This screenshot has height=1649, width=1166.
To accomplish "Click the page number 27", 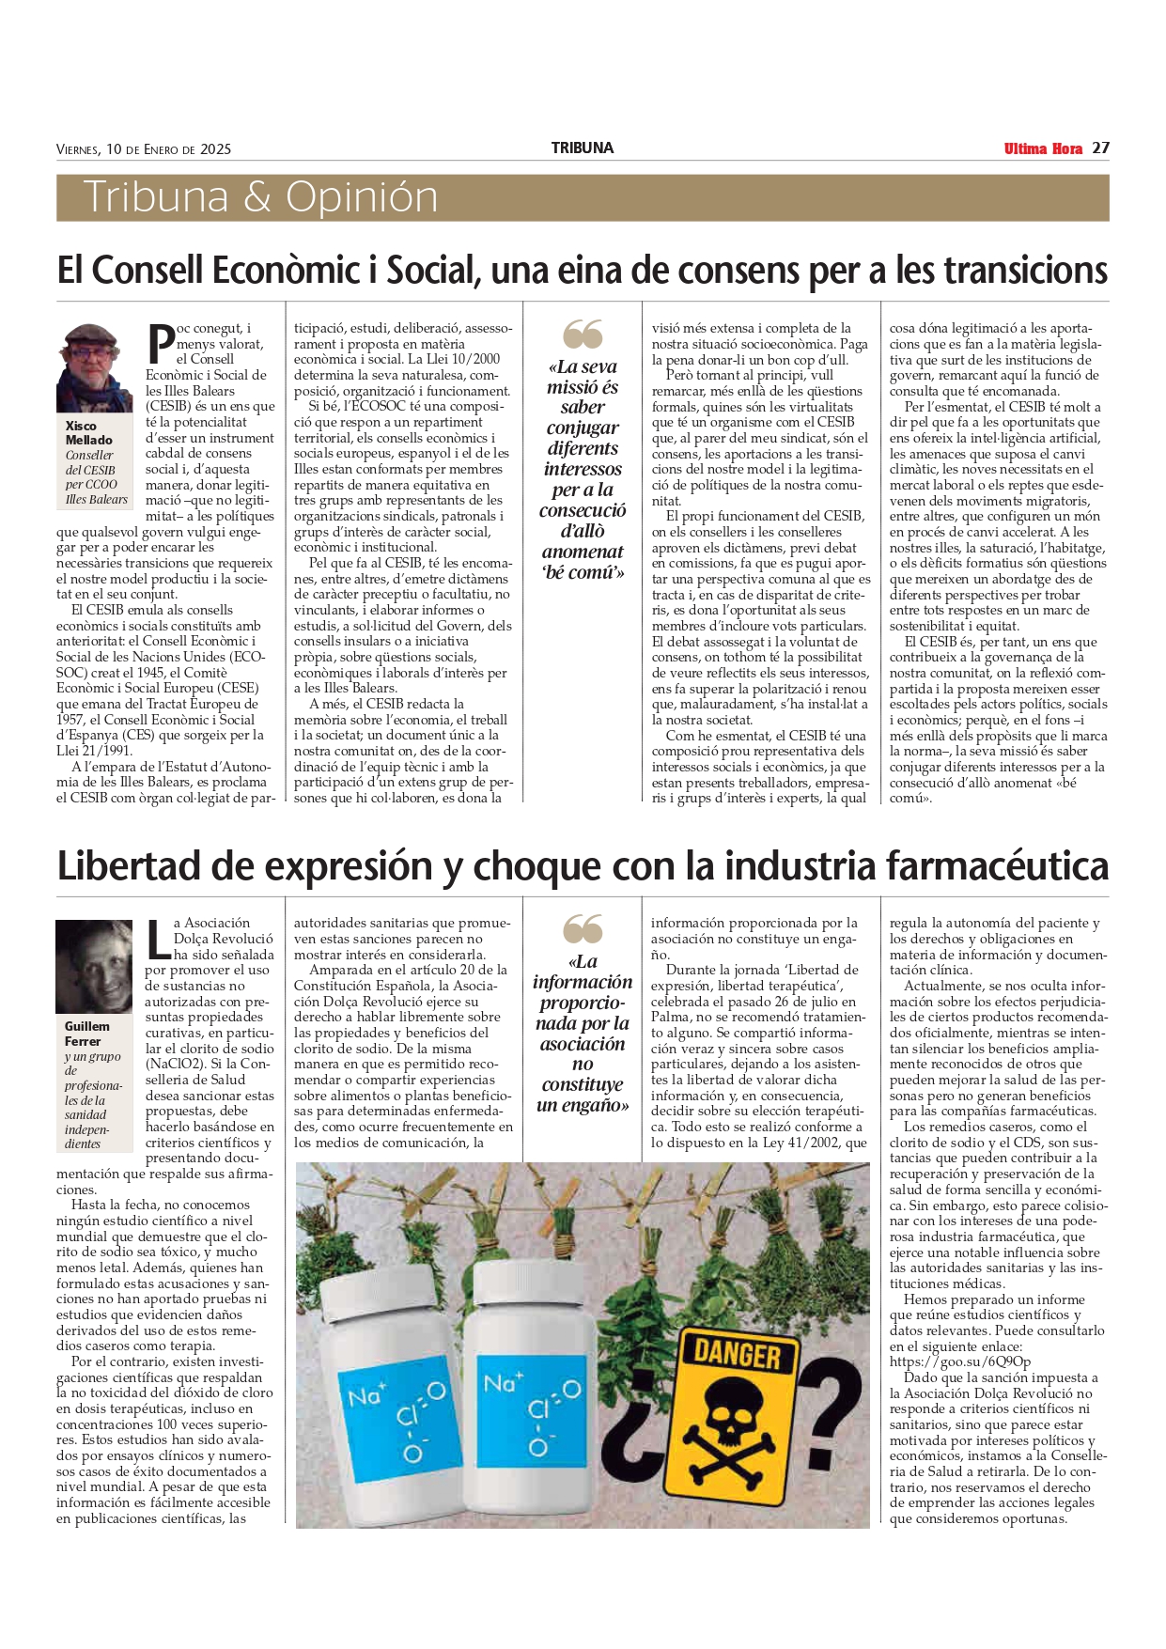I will pyautogui.click(x=1101, y=148).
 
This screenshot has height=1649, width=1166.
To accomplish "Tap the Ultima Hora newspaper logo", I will pyautogui.click(x=1043, y=148).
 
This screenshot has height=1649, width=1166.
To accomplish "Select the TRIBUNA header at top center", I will pyautogui.click(x=582, y=148).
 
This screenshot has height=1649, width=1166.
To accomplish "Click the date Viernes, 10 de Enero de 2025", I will pyautogui.click(x=144, y=149).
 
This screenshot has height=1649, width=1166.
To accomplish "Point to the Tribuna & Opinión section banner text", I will pyautogui.click(x=260, y=197).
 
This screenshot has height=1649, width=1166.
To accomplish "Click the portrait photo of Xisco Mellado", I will pyautogui.click(x=94, y=368).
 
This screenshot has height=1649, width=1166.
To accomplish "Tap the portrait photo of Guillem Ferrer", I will pyautogui.click(x=94, y=966).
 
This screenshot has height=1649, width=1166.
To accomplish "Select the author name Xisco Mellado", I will pyautogui.click(x=88, y=433).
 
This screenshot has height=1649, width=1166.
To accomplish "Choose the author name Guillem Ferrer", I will pyautogui.click(x=86, y=1034).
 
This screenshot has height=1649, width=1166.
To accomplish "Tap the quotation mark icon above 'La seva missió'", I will pyautogui.click(x=583, y=334).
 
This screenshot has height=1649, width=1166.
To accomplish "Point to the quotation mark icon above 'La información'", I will pyautogui.click(x=583, y=929).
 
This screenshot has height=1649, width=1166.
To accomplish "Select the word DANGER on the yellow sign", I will pyautogui.click(x=737, y=1354).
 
